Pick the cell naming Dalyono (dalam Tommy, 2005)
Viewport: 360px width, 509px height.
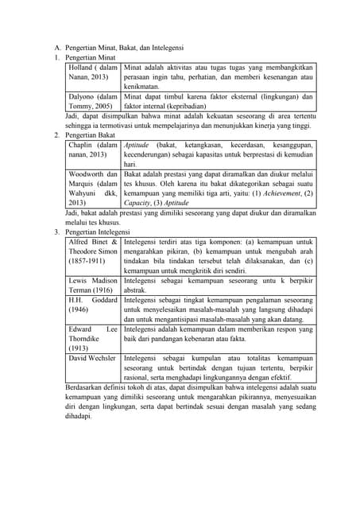[x=93, y=101]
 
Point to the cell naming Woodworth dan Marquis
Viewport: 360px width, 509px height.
[x=93, y=188]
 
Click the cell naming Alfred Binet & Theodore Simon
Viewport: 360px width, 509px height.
[x=93, y=251]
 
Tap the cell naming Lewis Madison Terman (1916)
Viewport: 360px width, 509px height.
[x=93, y=286]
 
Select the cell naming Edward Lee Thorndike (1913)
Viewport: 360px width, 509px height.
[x=93, y=338]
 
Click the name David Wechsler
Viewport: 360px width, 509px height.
[x=93, y=358]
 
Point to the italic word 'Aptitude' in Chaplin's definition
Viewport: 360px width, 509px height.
[x=137, y=145]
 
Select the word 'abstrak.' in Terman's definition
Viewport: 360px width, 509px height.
[x=137, y=290]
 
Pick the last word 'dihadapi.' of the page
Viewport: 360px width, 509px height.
[x=79, y=415]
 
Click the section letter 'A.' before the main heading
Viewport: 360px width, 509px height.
[x=57, y=49]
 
